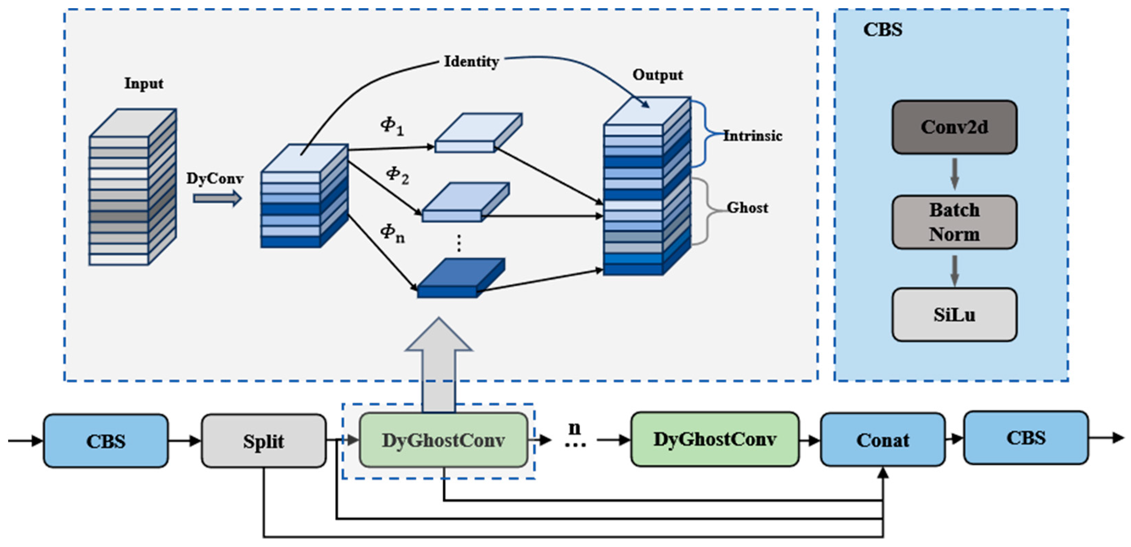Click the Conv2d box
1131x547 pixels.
tap(954, 127)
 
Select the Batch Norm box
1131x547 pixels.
tap(954, 222)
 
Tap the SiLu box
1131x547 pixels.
tap(954, 315)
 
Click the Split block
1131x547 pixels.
tap(263, 441)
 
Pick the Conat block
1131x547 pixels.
tap(882, 439)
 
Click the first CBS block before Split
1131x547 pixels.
tap(105, 441)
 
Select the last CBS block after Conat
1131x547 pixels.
tap(1026, 438)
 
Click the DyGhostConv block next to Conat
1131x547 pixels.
tap(715, 439)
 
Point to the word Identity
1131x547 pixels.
tap(471, 61)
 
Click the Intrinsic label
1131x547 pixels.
tap(752, 136)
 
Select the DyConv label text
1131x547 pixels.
tap(215, 179)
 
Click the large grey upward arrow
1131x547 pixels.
tap(438, 364)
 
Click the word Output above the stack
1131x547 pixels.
tap(657, 75)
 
